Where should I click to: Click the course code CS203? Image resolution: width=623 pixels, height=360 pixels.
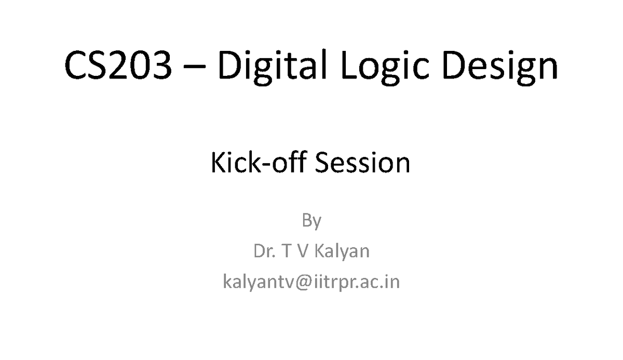coord(117,67)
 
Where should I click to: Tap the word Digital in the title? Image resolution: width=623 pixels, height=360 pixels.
coord(271,67)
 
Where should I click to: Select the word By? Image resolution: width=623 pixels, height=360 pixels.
coord(311,222)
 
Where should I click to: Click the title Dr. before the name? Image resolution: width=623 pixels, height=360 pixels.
coord(264,251)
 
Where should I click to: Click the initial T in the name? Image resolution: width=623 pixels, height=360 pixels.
coord(286,251)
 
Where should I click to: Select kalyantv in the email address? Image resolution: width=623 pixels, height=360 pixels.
coord(260,284)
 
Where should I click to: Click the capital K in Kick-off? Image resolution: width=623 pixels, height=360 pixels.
coord(218,163)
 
